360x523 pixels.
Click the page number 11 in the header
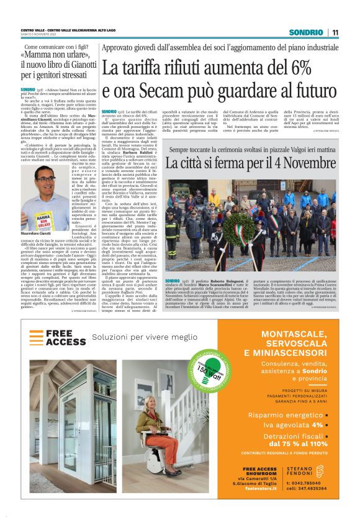click(x=335, y=32)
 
